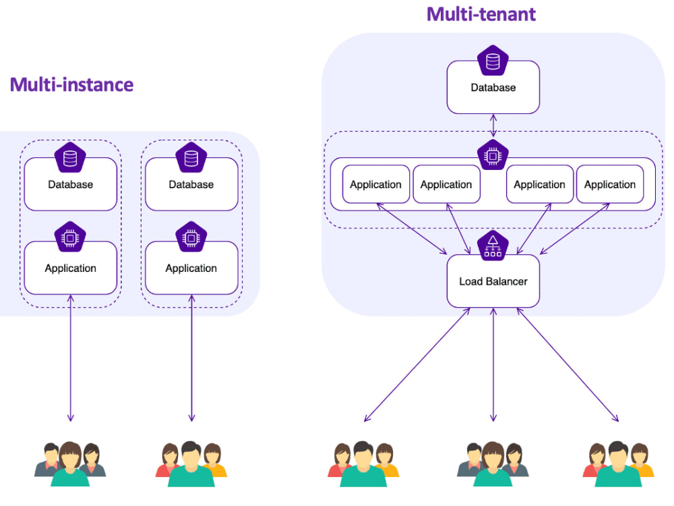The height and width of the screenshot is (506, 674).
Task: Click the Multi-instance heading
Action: point(71,85)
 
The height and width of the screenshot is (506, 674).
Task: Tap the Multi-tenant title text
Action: point(481,14)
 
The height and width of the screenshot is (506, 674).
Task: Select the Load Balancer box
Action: point(493,281)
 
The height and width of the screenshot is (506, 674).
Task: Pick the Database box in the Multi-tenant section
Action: point(493,88)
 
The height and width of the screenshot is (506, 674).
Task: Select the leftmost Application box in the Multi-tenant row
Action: point(375,184)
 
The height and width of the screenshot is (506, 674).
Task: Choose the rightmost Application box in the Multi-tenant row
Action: point(610,184)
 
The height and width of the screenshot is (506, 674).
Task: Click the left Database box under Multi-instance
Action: point(71,184)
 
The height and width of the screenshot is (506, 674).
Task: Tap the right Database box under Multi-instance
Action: point(191,184)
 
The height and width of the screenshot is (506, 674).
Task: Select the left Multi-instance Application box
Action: point(71,268)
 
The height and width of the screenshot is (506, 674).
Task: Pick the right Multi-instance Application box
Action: point(191,268)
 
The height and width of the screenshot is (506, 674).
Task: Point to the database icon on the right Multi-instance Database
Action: point(191,158)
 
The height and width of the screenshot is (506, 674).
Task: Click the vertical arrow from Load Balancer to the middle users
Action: point(493,364)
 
